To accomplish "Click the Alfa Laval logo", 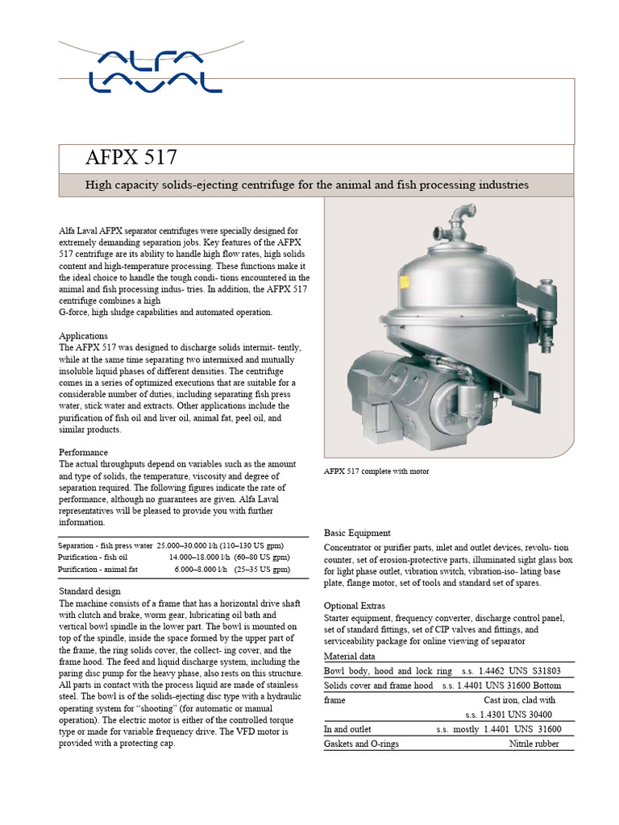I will [x=156, y=70].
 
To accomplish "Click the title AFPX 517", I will [x=131, y=156].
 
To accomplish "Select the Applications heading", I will [x=84, y=335].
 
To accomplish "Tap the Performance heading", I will [x=83, y=452].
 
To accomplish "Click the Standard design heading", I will [x=89, y=591].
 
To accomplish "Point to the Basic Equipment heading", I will [x=357, y=533].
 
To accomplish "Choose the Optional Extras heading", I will [x=355, y=605].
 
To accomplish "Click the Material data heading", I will [x=351, y=655].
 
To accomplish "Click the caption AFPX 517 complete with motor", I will [x=376, y=471].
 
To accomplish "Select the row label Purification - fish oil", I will [x=93, y=557].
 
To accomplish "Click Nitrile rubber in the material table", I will [x=535, y=744].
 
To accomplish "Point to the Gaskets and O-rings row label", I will [x=361, y=744].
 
